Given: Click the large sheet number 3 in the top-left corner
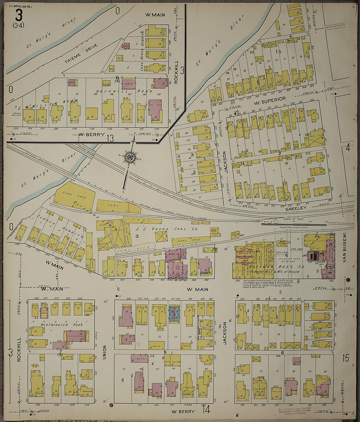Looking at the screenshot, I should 19,14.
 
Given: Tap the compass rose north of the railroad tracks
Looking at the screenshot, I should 130,157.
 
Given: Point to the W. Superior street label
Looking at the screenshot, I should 270,99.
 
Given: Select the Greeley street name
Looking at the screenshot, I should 296,208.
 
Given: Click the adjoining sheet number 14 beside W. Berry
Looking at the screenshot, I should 206,409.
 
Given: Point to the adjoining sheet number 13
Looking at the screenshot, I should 110,138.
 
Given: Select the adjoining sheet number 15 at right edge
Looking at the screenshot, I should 346,358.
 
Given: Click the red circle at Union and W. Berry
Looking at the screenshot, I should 112,405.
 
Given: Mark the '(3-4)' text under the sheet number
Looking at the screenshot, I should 18,25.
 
